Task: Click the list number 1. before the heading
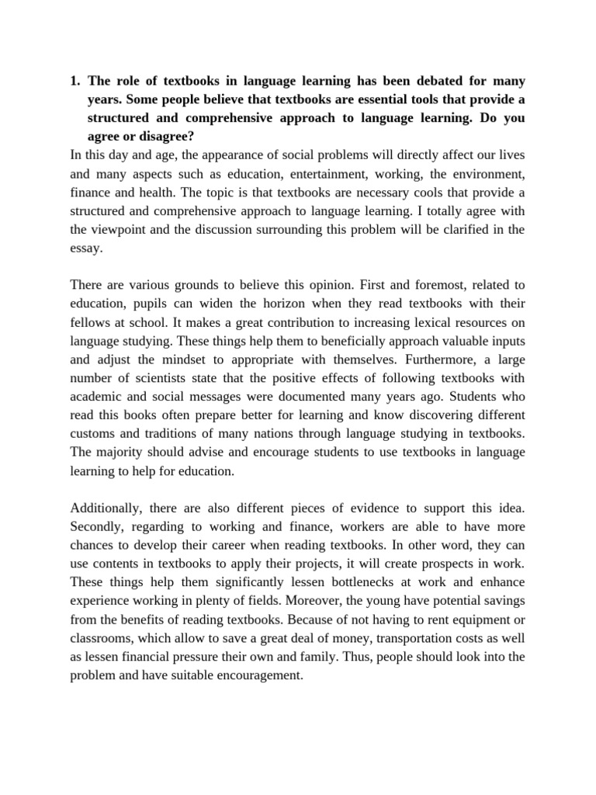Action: coord(75,81)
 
